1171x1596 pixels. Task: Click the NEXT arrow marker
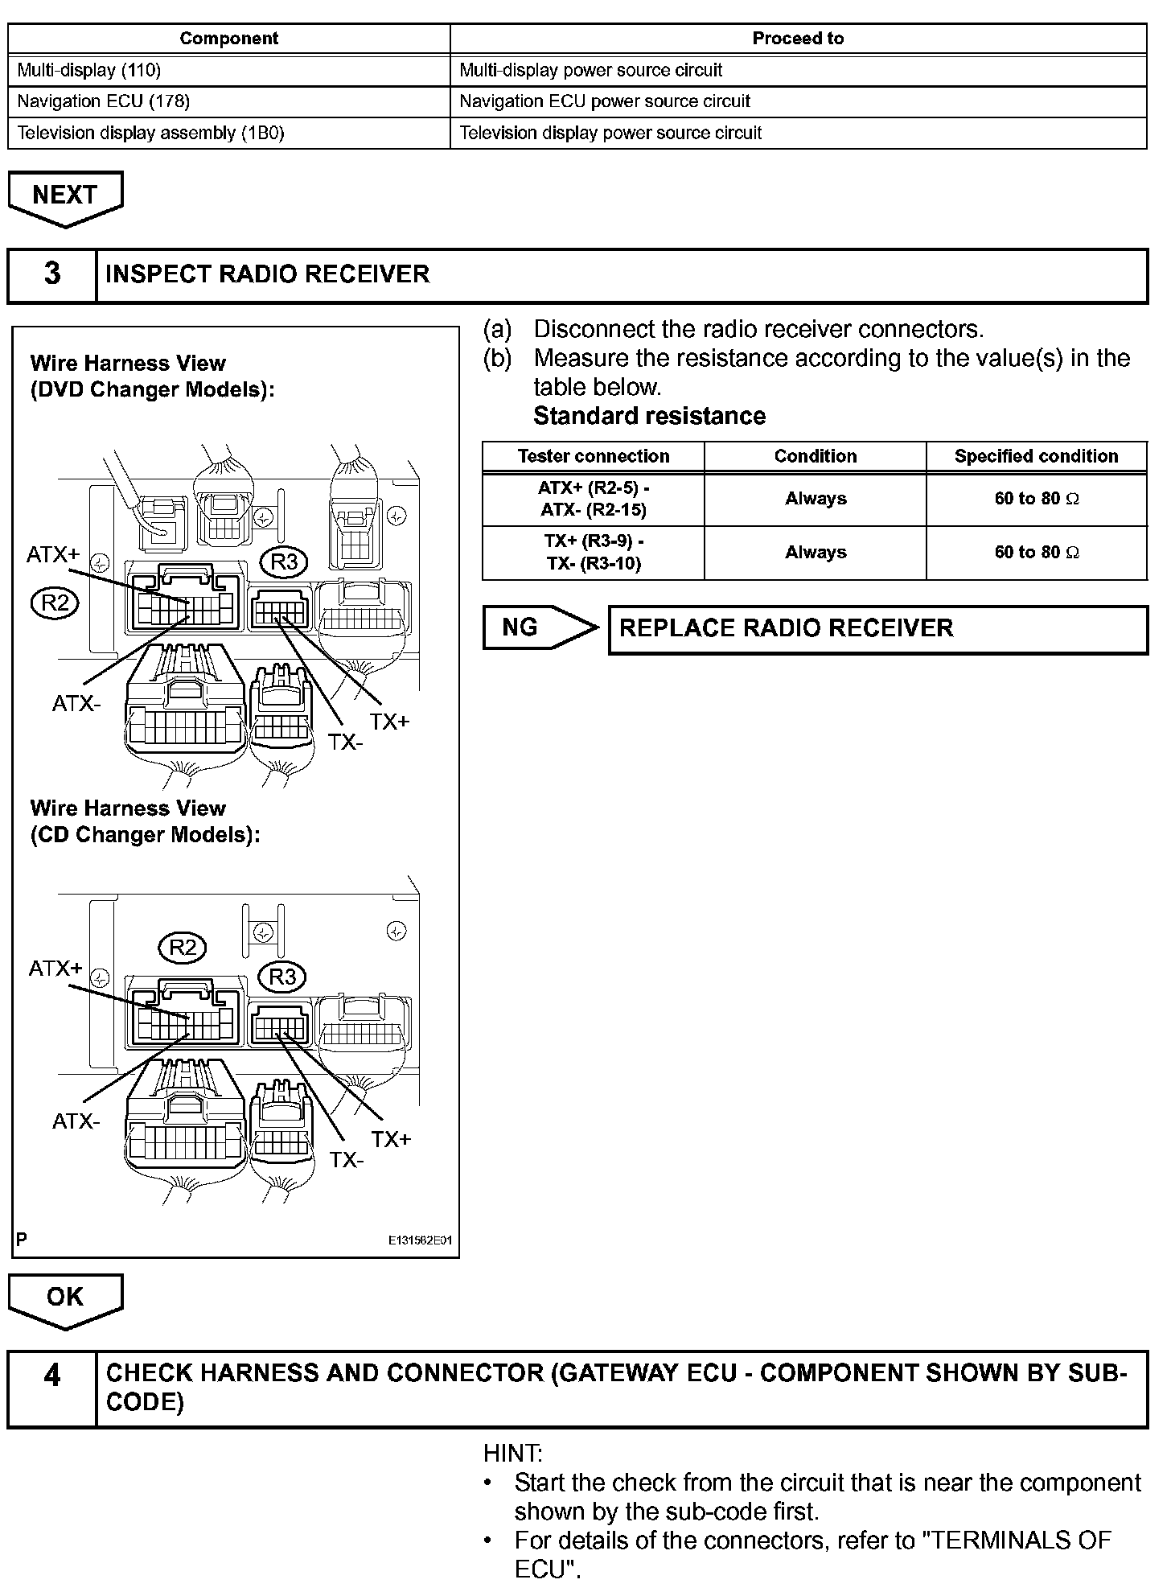[65, 196]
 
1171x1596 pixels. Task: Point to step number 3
[52, 274]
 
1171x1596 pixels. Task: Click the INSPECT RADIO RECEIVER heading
[267, 274]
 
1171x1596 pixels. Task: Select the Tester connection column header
[594, 456]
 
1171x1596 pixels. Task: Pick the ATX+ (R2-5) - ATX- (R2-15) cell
[594, 499]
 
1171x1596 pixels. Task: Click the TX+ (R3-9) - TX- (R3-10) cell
[594, 553]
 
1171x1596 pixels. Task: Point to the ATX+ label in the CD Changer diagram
[55, 968]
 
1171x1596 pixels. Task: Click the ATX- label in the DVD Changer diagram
[76, 704]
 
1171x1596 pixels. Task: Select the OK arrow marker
[65, 1298]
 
